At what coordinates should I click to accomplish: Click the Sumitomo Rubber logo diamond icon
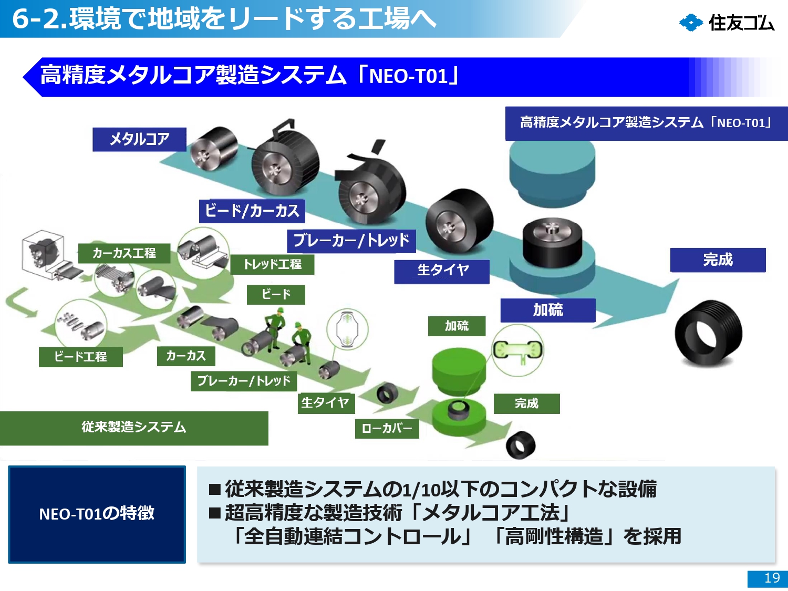coord(691,23)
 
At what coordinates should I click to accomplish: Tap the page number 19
coord(771,578)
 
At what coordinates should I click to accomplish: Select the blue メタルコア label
coord(139,139)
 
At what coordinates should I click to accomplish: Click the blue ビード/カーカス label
coord(252,211)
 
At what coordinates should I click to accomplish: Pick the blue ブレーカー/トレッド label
coord(351,241)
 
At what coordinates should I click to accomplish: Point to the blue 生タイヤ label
coord(442,271)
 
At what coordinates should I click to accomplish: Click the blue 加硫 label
coord(548,310)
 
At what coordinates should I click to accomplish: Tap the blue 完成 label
coord(718,260)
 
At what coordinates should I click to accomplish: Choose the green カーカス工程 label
coord(124,253)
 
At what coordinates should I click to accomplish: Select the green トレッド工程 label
coord(272,264)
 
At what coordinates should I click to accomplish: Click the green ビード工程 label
coord(80,357)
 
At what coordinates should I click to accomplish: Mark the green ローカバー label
coord(387,428)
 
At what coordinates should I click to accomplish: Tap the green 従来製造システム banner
coord(134,428)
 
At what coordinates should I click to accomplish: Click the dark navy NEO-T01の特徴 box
coord(97,514)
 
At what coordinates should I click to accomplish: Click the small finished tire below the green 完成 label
coord(520,445)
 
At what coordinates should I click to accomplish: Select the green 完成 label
coord(526,403)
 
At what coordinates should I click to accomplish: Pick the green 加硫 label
coord(457,326)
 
